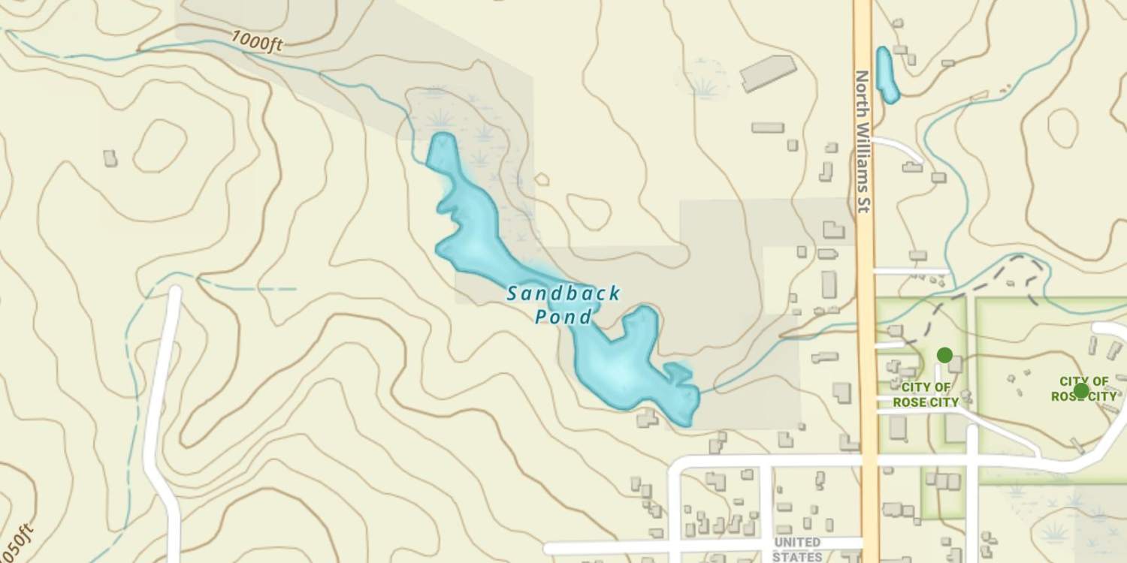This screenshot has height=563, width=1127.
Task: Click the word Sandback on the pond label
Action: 563,294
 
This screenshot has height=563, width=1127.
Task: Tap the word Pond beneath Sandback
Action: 563,318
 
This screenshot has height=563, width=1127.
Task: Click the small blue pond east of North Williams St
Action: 887,74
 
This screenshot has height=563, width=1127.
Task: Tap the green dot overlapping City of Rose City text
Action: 1080,390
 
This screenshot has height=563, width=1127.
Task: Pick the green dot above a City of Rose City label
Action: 944,354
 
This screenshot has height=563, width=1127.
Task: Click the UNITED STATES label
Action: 796,549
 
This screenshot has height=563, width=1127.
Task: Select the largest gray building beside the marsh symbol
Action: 768,73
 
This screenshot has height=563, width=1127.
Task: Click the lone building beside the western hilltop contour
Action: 110,158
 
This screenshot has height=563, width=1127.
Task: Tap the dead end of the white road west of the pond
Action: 176,291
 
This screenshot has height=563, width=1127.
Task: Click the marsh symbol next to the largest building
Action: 706,86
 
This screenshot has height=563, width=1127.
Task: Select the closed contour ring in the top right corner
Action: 1062,128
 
